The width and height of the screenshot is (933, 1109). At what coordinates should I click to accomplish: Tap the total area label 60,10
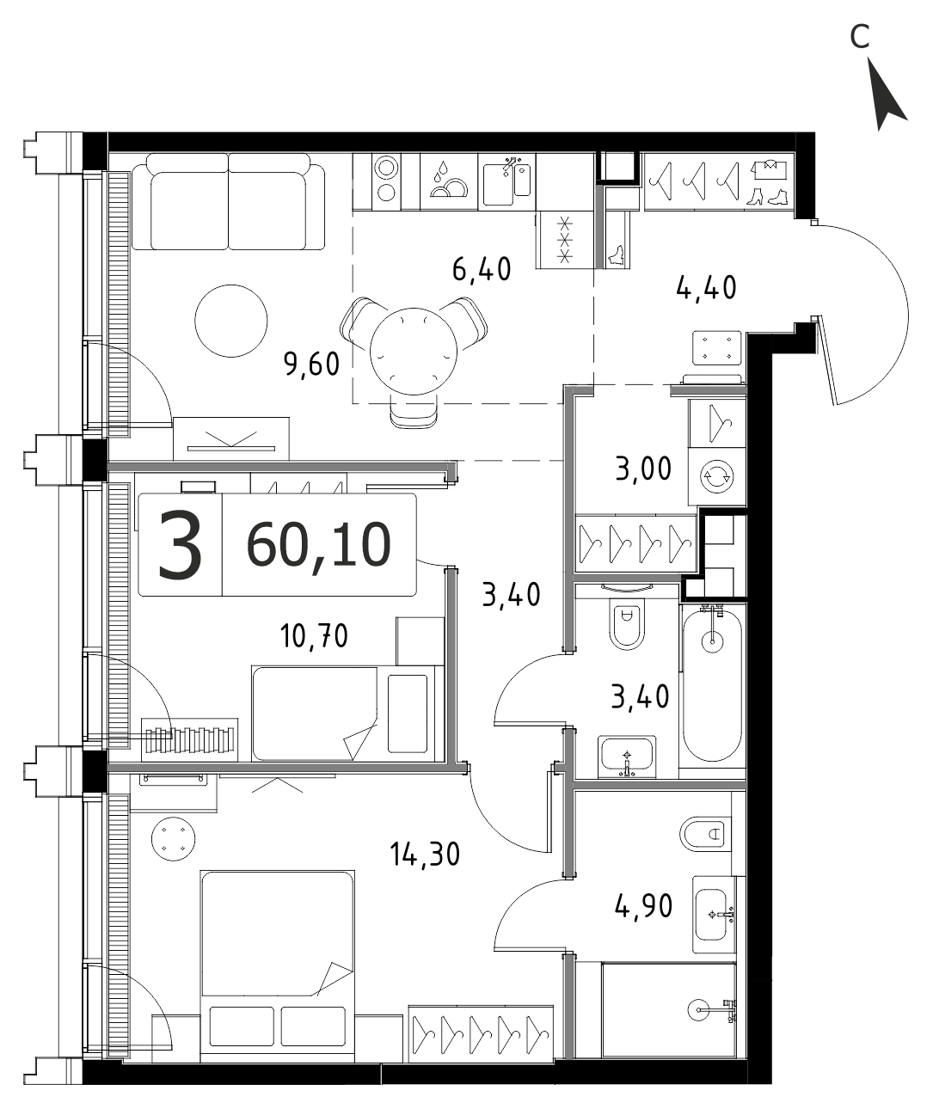tap(319, 545)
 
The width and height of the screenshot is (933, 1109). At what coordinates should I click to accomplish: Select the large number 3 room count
tap(180, 544)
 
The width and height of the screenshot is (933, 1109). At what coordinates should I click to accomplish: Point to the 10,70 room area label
tap(314, 636)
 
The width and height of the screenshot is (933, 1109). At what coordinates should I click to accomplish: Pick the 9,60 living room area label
tap(312, 365)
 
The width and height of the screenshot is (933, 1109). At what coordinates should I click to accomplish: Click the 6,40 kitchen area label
tap(482, 269)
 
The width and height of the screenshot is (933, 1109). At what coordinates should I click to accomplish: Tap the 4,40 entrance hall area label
tap(706, 288)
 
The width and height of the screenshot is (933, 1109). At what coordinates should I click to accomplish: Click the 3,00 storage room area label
tap(643, 469)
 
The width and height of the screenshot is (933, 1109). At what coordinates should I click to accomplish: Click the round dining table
tap(414, 352)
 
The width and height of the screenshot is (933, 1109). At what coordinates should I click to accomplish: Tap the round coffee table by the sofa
tap(231, 321)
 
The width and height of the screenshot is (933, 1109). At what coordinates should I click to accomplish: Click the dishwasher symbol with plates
tap(448, 181)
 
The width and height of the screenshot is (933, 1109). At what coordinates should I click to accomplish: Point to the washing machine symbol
tap(717, 475)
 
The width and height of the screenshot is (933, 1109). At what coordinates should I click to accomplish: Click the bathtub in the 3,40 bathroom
tap(713, 686)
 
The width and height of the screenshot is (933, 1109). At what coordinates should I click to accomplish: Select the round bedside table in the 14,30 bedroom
tap(173, 839)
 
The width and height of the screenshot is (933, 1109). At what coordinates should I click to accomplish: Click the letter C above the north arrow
tap(859, 36)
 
